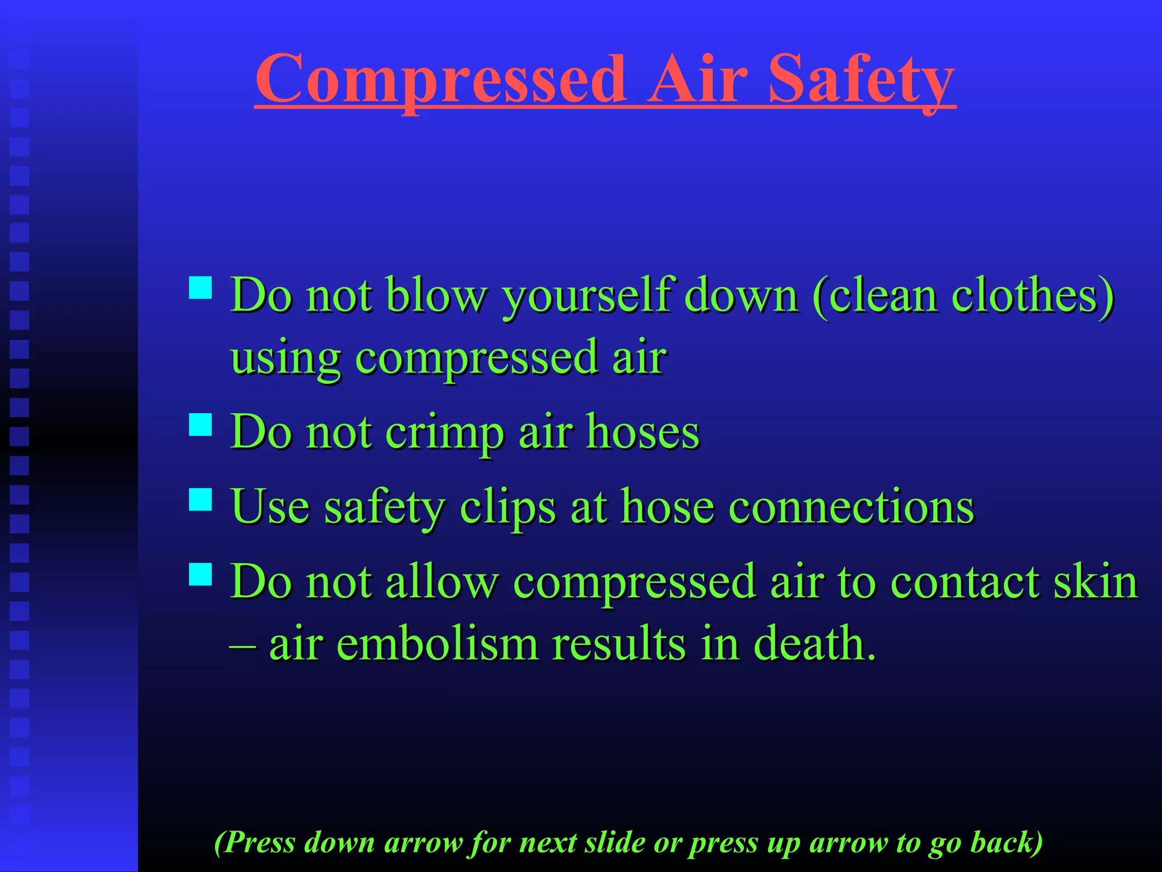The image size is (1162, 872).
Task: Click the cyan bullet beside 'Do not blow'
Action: click(x=200, y=288)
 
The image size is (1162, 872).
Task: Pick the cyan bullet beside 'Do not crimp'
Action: click(x=200, y=424)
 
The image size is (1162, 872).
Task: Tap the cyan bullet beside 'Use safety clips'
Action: click(x=200, y=500)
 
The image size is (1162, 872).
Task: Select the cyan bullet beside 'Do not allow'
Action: click(x=200, y=575)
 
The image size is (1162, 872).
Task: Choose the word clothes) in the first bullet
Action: click(x=1033, y=296)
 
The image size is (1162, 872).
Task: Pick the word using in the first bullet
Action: click(x=285, y=359)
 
